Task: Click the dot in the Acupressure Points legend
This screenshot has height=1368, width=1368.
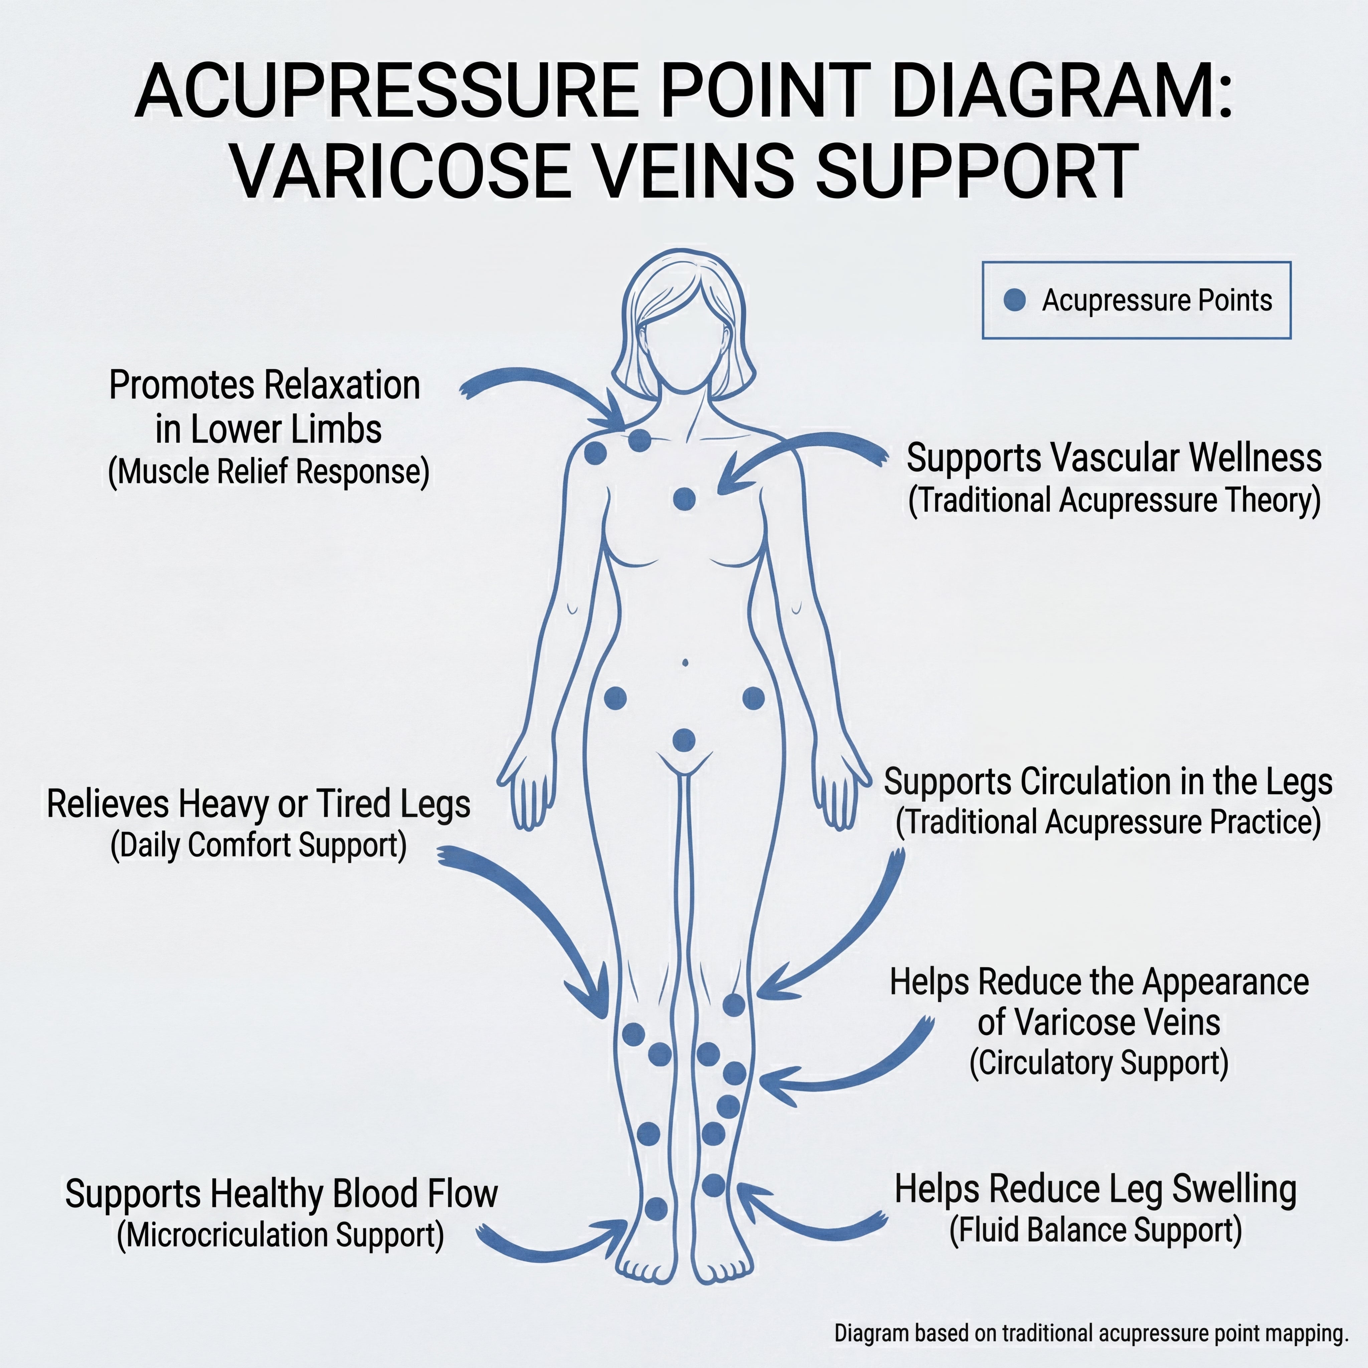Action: pos(1015,300)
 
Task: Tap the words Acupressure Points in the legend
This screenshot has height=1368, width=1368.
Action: pos(1157,300)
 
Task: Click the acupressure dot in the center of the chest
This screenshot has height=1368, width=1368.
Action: pos(684,499)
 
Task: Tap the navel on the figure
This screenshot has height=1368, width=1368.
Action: pos(685,663)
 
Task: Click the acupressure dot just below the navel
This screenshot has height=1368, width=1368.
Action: pos(684,741)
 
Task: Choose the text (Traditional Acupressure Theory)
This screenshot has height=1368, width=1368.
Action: pos(1115,500)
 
